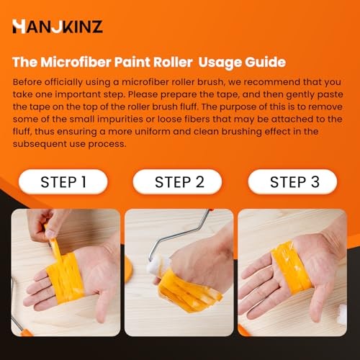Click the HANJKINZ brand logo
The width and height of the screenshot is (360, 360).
57,27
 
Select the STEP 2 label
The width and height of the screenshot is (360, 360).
180,181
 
